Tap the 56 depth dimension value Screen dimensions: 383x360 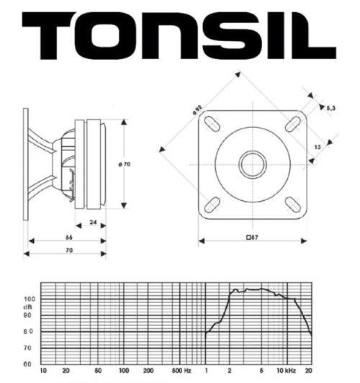pos(68,237)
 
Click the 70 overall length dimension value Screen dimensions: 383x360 pos(68,251)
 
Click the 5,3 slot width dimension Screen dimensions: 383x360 pos(332,108)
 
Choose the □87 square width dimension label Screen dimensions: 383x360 pos(252,238)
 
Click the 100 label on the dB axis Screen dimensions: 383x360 pos(28,298)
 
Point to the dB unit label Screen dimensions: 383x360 pos(28,306)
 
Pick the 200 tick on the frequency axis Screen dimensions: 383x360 pos(148,371)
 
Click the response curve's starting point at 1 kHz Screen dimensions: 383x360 pos(206,333)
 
